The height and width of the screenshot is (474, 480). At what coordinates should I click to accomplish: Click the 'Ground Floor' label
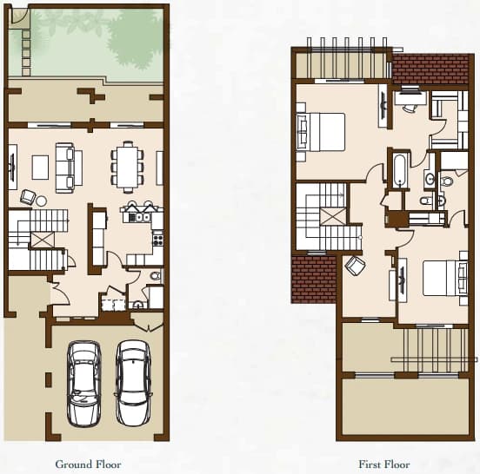[x=88, y=464]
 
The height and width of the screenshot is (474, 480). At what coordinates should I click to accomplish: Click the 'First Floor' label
[x=384, y=464]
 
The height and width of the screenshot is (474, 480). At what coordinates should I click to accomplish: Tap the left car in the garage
[x=83, y=384]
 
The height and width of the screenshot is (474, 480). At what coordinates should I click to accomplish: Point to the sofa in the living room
[x=69, y=168]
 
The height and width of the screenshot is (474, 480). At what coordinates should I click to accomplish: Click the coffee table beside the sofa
[x=40, y=168]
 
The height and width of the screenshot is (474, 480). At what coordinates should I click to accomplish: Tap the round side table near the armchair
[x=42, y=201]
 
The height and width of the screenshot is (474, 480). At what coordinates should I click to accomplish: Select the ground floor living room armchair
[x=28, y=197]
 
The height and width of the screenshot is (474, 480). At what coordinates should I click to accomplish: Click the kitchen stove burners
[x=158, y=238]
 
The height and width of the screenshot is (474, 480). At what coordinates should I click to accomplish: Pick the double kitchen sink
[x=139, y=217]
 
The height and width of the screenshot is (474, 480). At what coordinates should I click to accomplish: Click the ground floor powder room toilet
[x=157, y=276]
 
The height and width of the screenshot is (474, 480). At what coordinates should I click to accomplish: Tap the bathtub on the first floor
[x=399, y=170]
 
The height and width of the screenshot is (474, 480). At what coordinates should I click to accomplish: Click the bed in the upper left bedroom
[x=321, y=132]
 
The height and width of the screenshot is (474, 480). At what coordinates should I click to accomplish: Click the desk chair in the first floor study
[x=409, y=108]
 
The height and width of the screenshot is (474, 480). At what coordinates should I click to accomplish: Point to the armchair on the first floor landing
[x=355, y=266]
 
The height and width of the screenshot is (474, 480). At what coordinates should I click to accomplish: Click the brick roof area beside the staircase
[x=313, y=280]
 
